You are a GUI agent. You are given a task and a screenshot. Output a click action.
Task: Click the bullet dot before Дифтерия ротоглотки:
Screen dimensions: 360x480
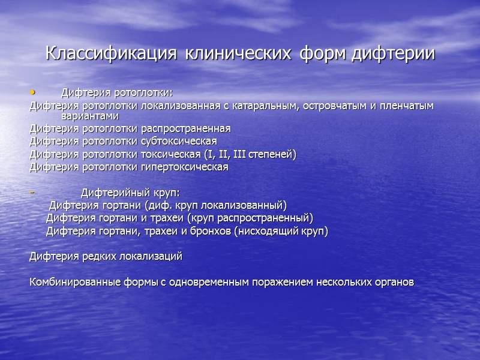point(33,92)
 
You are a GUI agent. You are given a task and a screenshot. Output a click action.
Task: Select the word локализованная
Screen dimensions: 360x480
point(174,106)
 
